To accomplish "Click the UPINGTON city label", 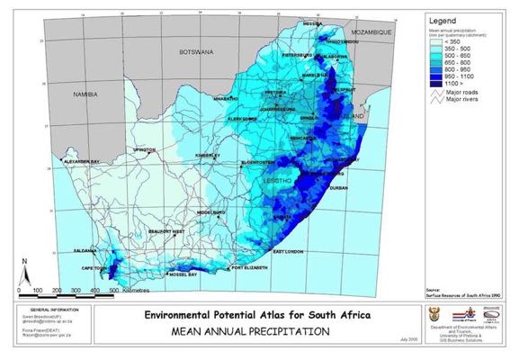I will (144, 149).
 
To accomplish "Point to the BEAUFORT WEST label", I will (166, 232).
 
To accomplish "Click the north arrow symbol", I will (27, 269).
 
